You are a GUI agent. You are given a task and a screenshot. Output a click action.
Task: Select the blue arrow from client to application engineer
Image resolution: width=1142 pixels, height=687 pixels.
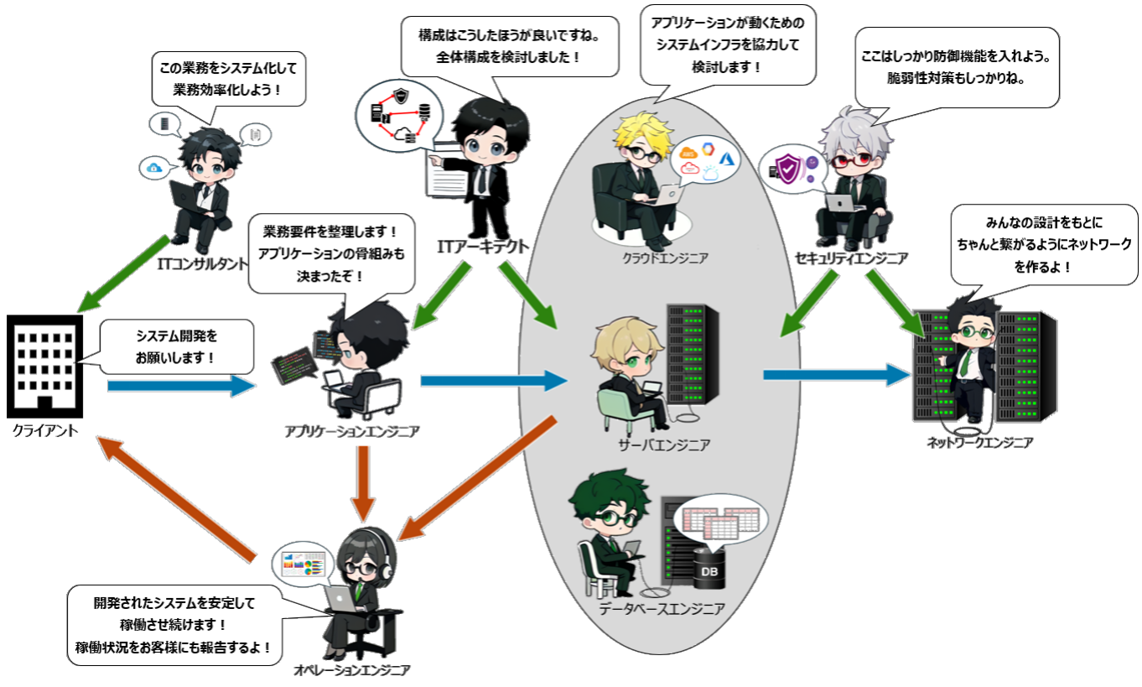181,385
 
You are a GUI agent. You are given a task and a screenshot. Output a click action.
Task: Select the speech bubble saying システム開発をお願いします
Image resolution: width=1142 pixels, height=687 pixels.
176,346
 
